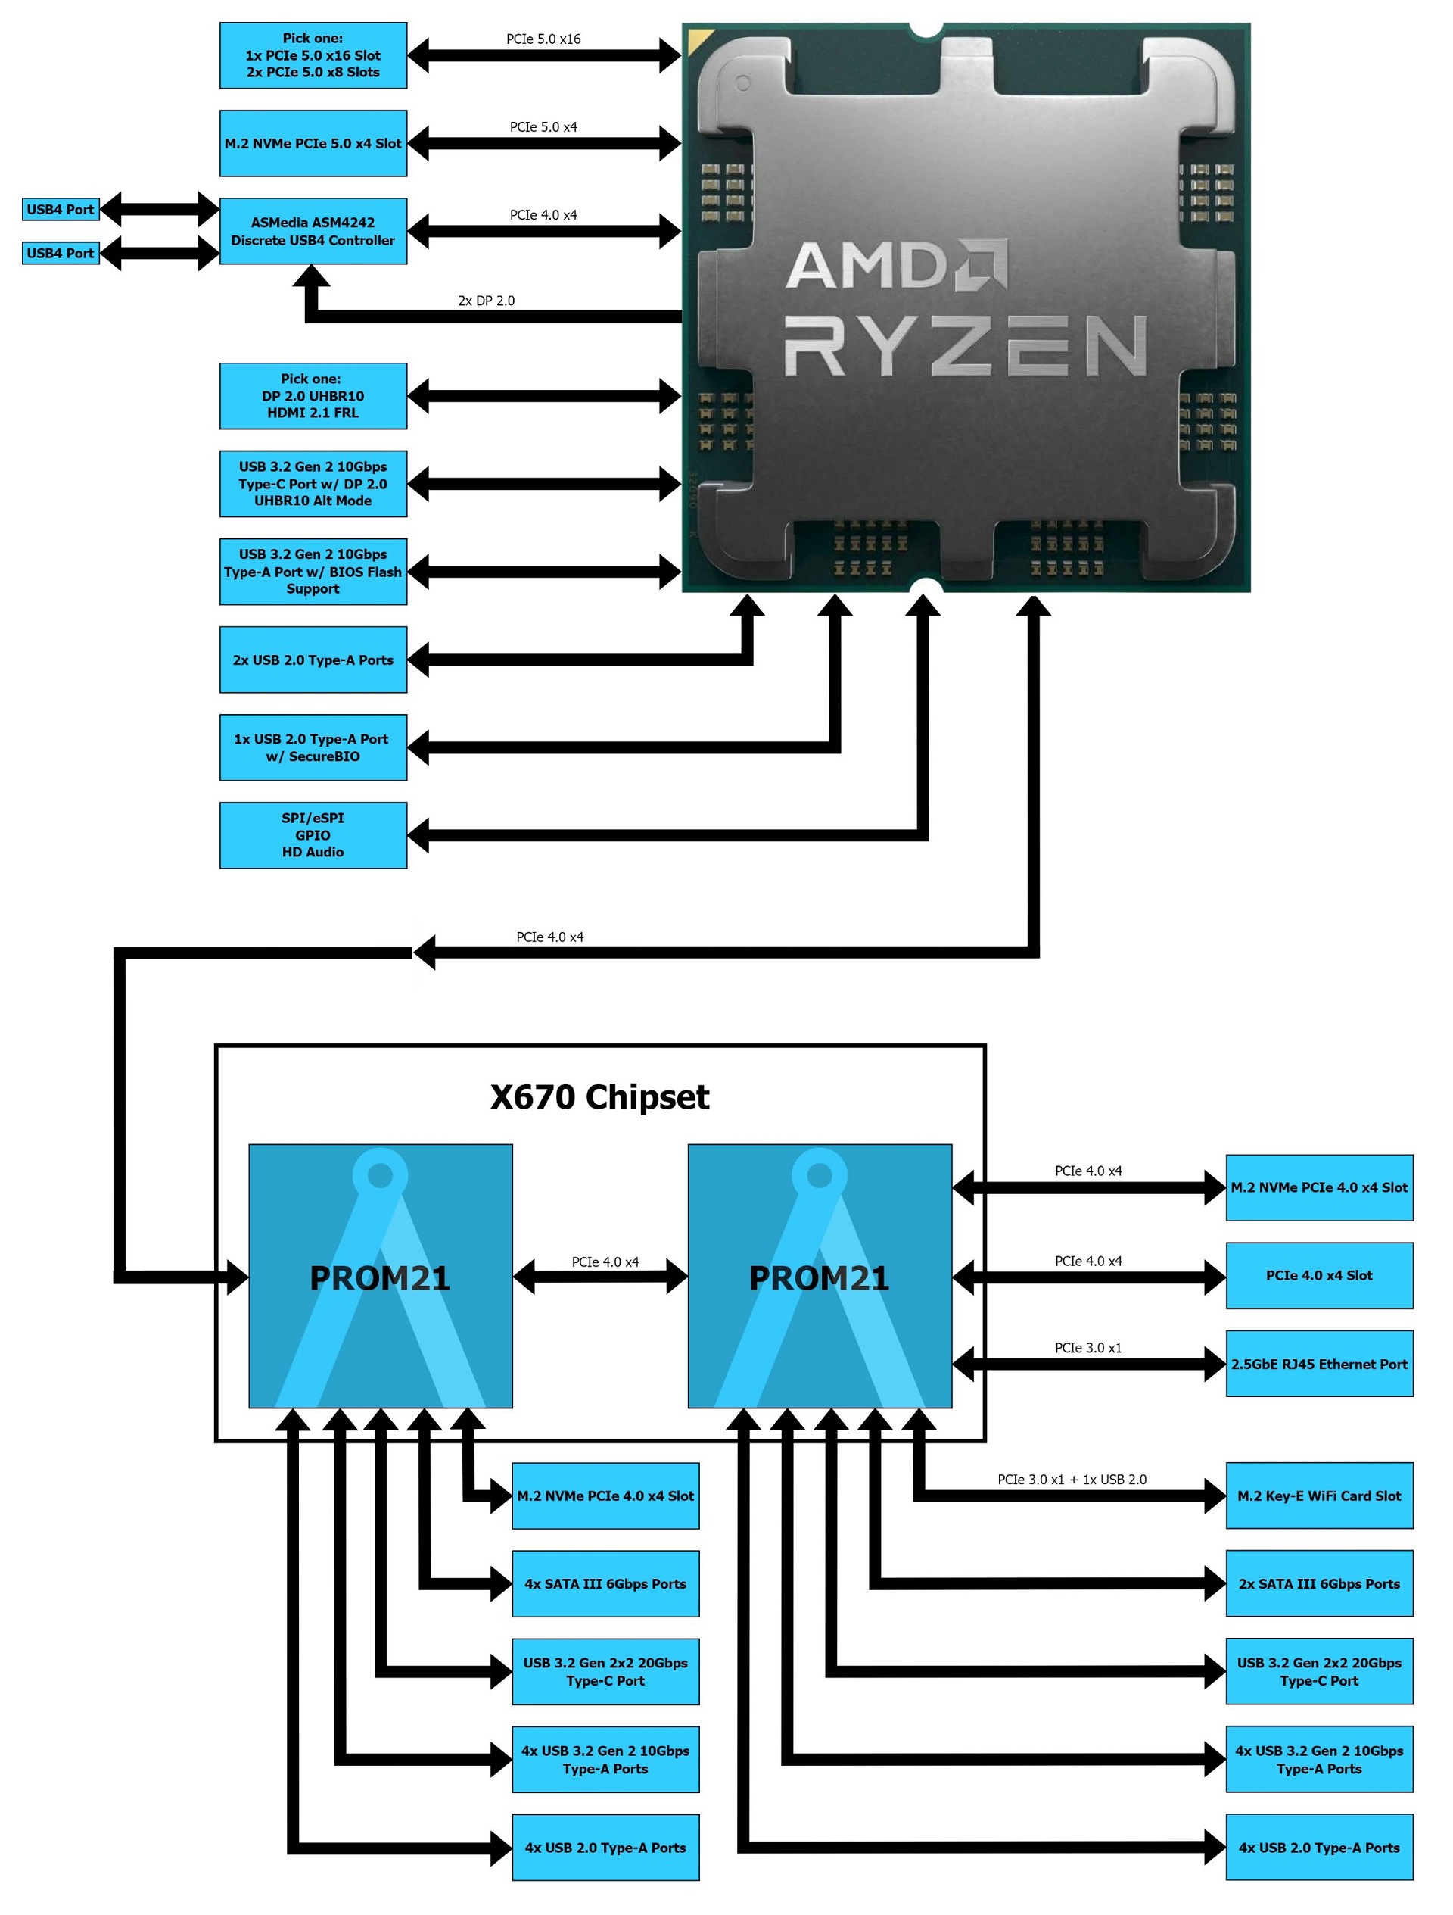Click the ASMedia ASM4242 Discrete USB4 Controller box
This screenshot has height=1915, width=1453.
point(313,231)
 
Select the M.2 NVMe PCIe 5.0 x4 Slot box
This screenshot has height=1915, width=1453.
point(313,144)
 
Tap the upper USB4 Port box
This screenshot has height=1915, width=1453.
point(61,210)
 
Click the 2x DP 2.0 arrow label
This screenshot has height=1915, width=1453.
point(487,301)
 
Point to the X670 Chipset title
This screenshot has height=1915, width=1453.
point(599,1098)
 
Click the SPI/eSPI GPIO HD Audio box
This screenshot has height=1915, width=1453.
point(313,835)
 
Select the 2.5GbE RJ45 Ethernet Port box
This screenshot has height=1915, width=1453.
point(1319,1365)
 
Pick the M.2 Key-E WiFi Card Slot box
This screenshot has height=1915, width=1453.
point(1319,1496)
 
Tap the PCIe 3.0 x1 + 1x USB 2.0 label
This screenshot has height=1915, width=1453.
point(1072,1480)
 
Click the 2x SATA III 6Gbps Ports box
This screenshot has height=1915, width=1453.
point(1319,1584)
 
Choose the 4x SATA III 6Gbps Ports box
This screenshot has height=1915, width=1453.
point(605,1584)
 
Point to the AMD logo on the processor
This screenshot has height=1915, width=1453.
point(897,265)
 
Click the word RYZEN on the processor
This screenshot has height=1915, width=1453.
point(965,346)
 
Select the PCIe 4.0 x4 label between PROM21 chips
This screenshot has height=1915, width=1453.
point(605,1262)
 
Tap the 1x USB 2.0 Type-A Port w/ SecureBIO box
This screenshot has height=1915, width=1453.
point(313,748)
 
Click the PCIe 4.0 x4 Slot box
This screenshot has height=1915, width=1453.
point(1319,1276)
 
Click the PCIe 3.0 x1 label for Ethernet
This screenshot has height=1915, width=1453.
point(1087,1348)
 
